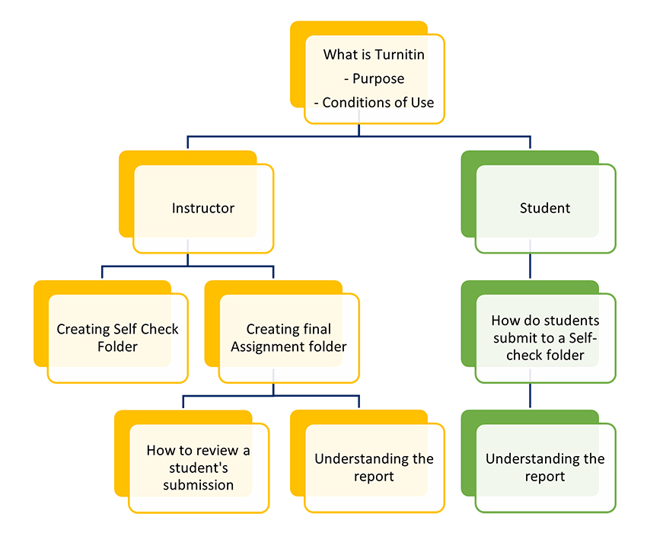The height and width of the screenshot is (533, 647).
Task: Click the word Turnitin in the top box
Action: click(399, 55)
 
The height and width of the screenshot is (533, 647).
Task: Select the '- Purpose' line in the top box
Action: click(374, 78)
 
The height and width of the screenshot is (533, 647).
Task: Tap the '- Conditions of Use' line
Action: click(374, 103)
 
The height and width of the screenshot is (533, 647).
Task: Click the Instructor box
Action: click(202, 209)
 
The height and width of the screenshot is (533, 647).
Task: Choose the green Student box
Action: click(544, 209)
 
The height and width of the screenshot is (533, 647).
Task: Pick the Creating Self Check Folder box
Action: click(117, 338)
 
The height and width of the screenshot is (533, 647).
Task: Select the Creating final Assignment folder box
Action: click(288, 338)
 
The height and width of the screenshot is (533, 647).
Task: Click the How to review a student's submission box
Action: click(198, 468)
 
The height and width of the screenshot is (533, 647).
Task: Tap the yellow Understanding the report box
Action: click(374, 468)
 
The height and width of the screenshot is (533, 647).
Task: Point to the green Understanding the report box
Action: click(544, 468)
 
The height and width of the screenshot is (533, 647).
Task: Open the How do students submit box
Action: click(544, 338)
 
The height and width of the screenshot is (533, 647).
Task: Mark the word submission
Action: click(198, 485)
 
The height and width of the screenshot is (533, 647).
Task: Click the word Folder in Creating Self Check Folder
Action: click(117, 347)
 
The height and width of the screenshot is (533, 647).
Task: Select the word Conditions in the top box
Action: click(354, 103)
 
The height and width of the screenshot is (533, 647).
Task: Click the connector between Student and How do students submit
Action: click(530, 266)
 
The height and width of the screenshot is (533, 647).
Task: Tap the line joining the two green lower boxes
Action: click(530, 396)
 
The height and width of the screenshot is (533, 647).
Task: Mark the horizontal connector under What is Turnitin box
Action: click(359, 137)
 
